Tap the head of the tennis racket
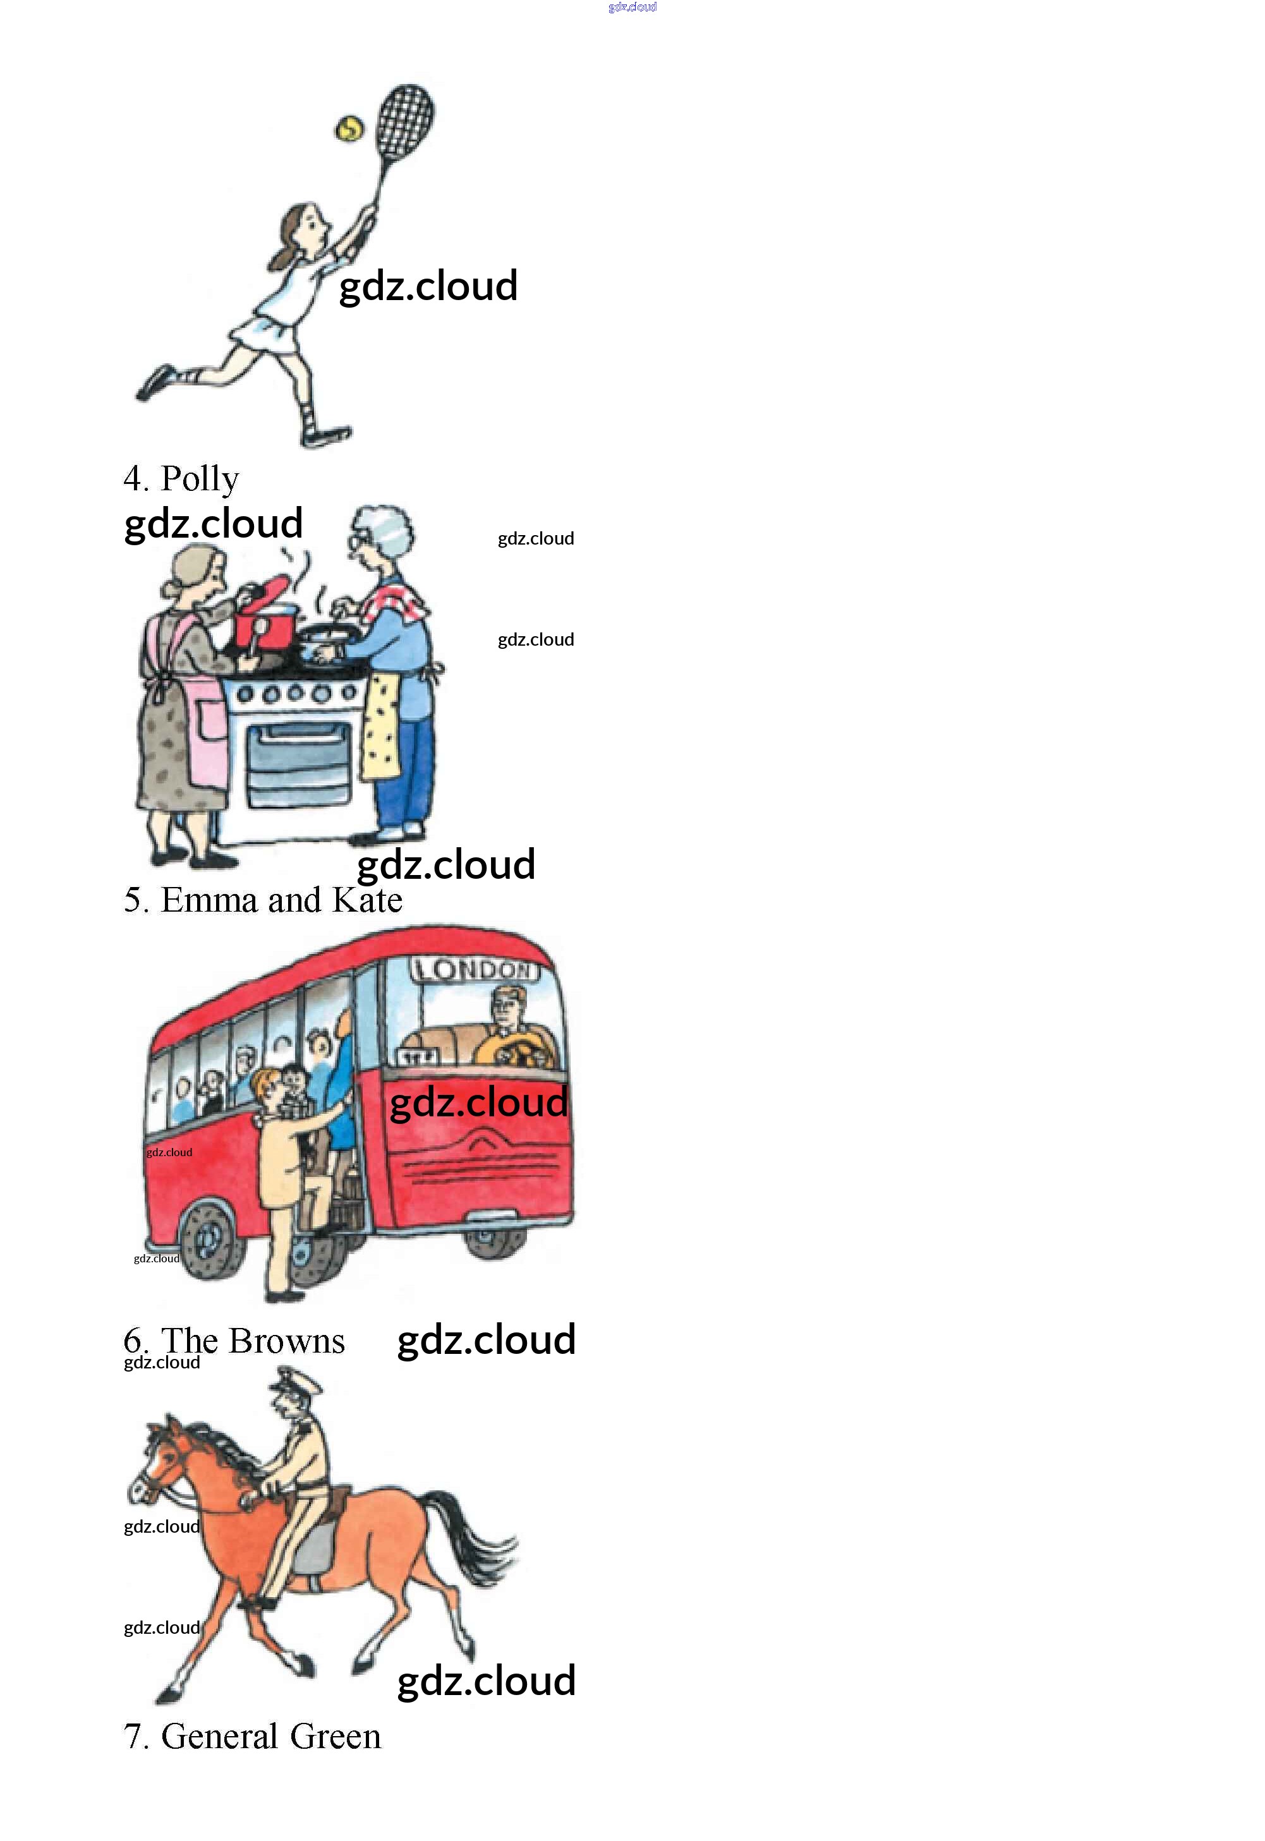(x=405, y=121)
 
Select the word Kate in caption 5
(x=367, y=900)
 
